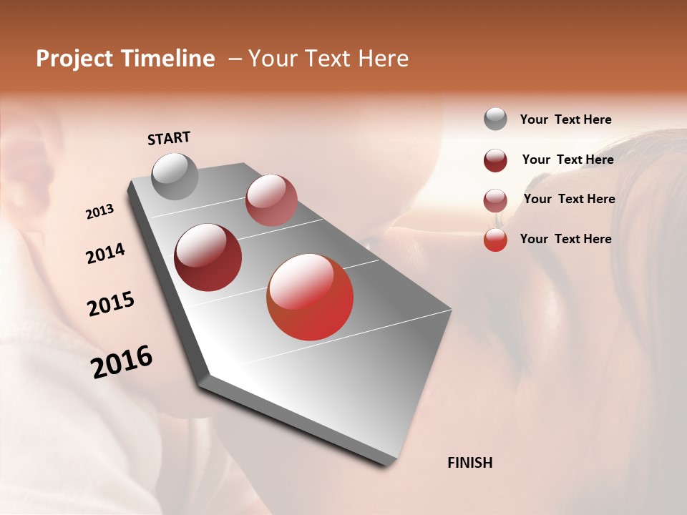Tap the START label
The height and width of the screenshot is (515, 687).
click(x=169, y=138)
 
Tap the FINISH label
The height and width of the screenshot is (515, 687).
click(x=469, y=463)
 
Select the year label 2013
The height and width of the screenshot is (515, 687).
click(x=100, y=212)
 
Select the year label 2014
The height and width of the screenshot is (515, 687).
click(x=106, y=253)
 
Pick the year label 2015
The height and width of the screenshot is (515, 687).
click(x=111, y=304)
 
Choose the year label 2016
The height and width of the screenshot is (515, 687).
click(x=122, y=362)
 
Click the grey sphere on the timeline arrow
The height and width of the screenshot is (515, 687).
click(x=175, y=176)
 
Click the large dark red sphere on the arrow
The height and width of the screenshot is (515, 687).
click(x=208, y=257)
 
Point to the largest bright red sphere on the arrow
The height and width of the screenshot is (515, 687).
click(x=310, y=297)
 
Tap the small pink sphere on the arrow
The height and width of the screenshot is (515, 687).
click(x=271, y=200)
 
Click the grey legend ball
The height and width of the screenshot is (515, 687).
click(x=495, y=119)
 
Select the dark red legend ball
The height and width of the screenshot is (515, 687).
click(x=495, y=160)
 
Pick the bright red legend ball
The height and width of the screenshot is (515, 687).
click(x=495, y=240)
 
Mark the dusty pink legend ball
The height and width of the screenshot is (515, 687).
click(x=495, y=200)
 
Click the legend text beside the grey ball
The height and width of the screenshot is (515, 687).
click(x=565, y=119)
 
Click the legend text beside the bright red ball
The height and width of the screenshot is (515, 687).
click(x=565, y=239)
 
